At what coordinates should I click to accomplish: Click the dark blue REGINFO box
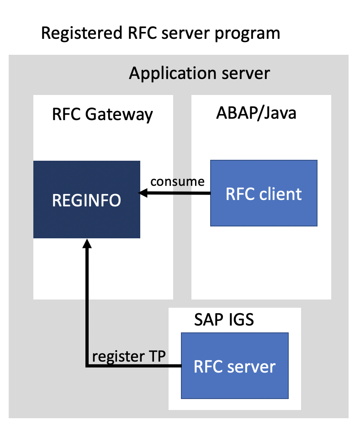click(x=87, y=200)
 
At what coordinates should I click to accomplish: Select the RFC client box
click(x=264, y=193)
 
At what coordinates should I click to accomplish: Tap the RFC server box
click(x=235, y=366)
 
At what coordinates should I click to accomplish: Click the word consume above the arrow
click(x=177, y=181)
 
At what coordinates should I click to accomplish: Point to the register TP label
click(x=128, y=356)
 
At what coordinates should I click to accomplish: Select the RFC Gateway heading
click(x=102, y=114)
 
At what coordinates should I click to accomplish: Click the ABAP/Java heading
click(x=256, y=113)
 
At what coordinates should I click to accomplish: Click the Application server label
click(x=200, y=73)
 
